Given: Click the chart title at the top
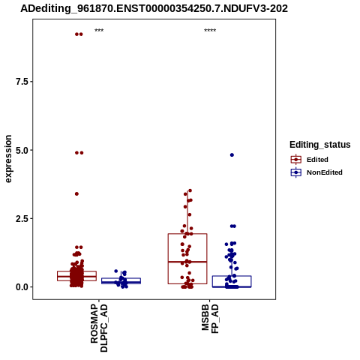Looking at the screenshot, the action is [154, 9].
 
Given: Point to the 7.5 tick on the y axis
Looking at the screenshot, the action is [21, 82].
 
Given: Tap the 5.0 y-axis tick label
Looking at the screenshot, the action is [21, 150].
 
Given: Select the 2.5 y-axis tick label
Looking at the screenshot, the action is [21, 219].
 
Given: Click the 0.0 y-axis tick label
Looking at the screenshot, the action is [21, 287].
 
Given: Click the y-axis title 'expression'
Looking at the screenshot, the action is [8, 159].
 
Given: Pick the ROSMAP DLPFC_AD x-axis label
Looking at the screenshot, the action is [99, 328].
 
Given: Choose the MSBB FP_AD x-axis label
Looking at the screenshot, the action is [210, 319].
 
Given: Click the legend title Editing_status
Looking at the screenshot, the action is [320, 145].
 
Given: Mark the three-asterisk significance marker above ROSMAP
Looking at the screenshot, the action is [99, 31].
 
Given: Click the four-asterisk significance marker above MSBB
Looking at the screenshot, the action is [210, 31].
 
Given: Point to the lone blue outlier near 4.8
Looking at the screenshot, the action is [232, 155].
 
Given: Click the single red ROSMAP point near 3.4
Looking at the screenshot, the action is [76, 193].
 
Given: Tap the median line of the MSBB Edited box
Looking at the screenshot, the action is [187, 262].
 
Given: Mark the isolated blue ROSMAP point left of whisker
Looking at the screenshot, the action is [116, 271].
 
